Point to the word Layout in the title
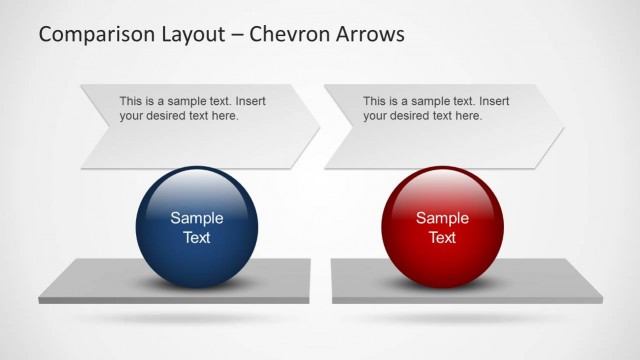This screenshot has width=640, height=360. click(190, 34)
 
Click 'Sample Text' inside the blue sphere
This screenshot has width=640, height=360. click(196, 228)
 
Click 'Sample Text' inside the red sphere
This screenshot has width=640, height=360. click(442, 228)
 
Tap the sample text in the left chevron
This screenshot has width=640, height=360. click(192, 108)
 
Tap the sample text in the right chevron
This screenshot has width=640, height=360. click(436, 108)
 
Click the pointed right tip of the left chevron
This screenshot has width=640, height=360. click(318, 127)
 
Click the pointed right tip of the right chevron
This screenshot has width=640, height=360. click(563, 127)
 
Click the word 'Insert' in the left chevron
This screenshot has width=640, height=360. click(249, 101)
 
